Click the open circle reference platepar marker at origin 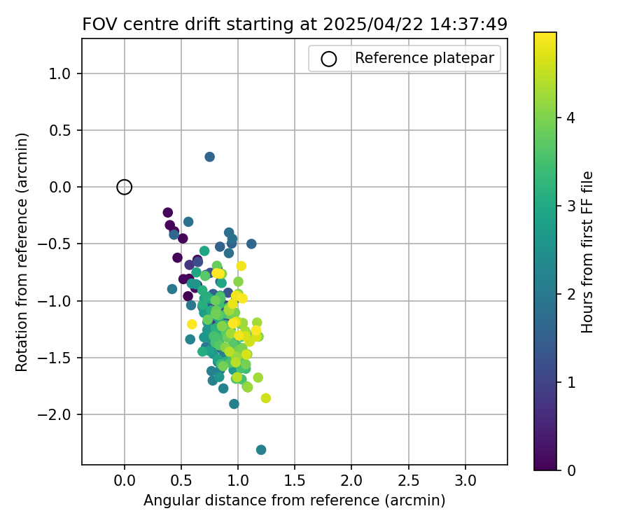[125, 187]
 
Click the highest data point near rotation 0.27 [210, 157]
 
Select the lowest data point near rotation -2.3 [261, 449]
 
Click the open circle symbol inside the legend [329, 59]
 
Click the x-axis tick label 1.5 [295, 482]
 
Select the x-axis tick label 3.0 [465, 482]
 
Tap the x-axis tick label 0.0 [125, 482]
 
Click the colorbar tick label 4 [570, 119]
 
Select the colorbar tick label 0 [570, 470]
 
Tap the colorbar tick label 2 [570, 295]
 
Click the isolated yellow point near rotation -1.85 [266, 398]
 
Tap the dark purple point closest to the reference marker [168, 213]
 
